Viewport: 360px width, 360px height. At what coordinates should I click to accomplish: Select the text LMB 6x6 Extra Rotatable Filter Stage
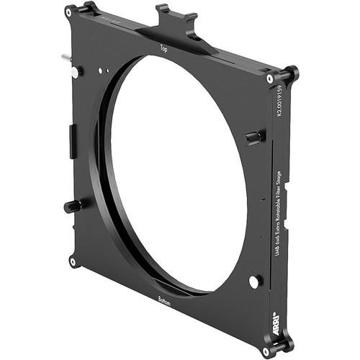pos(277,216)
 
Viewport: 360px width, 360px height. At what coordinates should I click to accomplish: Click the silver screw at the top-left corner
pos(68,12)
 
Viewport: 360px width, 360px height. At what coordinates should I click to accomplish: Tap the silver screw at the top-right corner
pos(269,78)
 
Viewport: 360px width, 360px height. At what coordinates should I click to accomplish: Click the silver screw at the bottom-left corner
pos(72,261)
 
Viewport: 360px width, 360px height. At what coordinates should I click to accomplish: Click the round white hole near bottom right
pos(253,282)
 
